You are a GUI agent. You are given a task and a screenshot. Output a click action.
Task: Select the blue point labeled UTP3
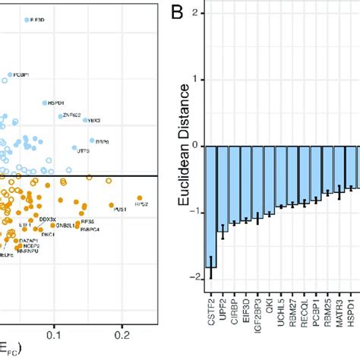pyautogui.click(x=75, y=148)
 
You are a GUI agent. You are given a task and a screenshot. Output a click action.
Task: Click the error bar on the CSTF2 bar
pyautogui.click(x=212, y=267)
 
